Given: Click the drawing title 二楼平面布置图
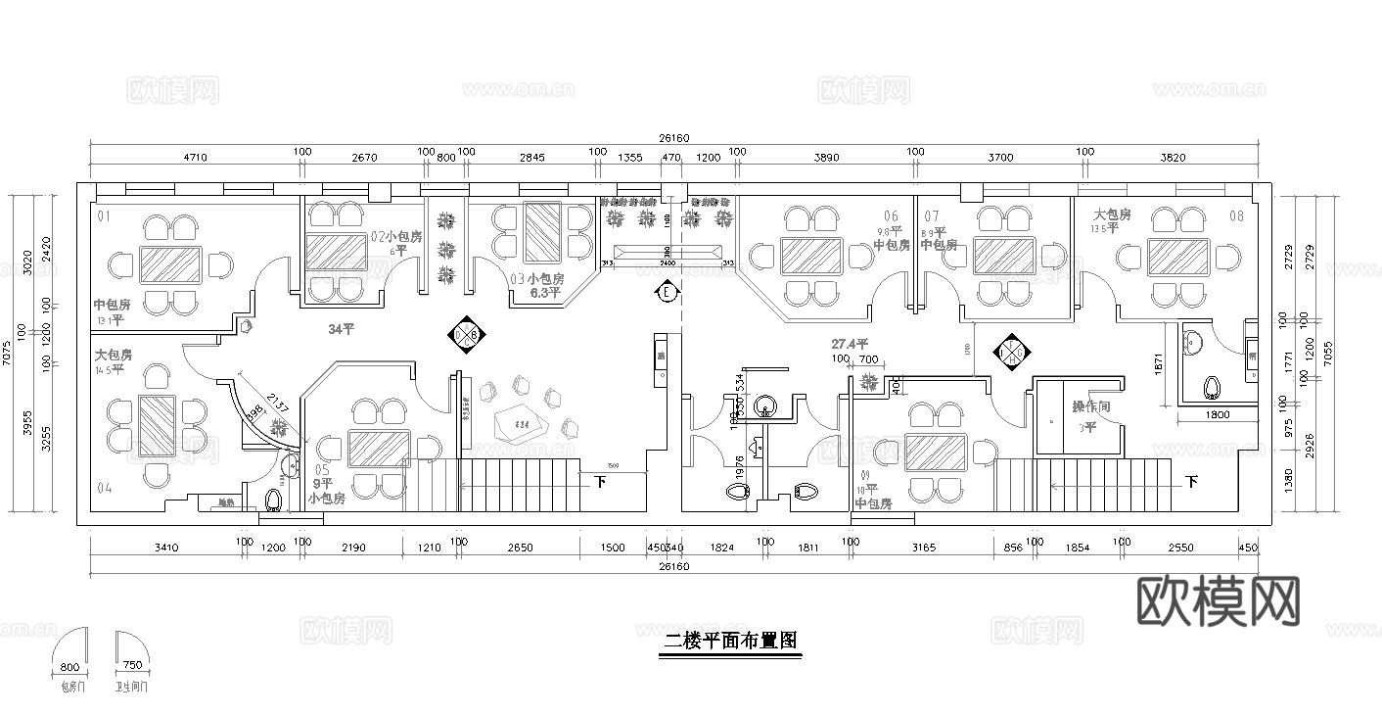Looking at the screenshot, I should (x=730, y=642).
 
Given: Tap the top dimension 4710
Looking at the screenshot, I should (x=197, y=157).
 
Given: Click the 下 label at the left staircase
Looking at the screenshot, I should (x=600, y=481).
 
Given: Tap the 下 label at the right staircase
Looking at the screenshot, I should (x=1191, y=481).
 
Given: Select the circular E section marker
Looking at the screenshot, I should (x=667, y=292).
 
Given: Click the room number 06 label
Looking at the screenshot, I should (x=891, y=216).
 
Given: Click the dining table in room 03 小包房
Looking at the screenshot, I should (x=541, y=233).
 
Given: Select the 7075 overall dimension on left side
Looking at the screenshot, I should (x=8, y=352).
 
